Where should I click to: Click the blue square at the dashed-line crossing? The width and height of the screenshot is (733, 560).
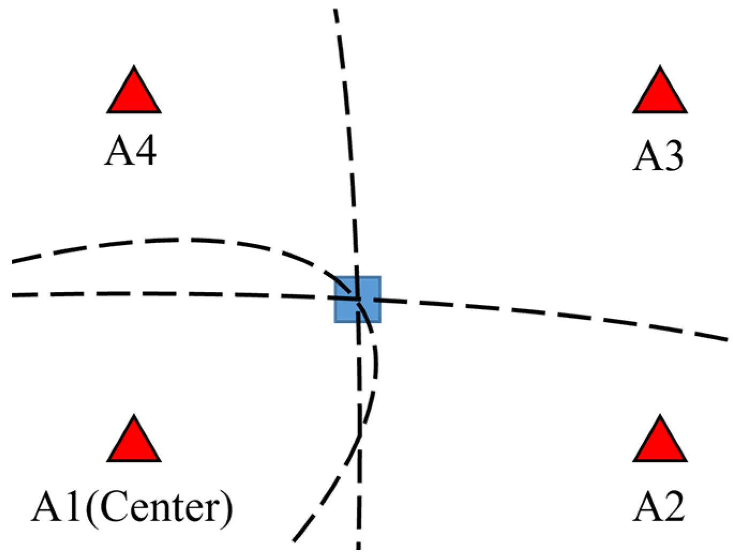358,300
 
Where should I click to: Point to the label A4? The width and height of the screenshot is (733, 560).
131,150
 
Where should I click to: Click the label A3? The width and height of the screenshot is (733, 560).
659,156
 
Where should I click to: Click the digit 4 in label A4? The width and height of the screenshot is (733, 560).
144,150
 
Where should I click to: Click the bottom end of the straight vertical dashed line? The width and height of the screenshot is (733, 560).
358,547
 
